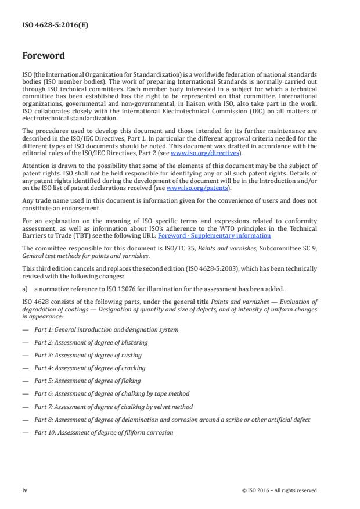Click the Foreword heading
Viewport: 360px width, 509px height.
[x=44, y=56]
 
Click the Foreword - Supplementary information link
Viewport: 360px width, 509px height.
[x=214, y=236]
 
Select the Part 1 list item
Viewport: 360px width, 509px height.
[x=106, y=329]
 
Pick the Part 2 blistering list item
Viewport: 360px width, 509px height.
[x=91, y=342]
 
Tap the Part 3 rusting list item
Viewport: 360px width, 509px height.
[x=88, y=355]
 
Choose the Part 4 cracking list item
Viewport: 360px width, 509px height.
[x=90, y=368]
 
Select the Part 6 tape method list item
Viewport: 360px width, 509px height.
[x=111, y=394]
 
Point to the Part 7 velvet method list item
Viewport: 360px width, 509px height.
[x=113, y=407]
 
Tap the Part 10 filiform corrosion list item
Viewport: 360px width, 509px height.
[x=103, y=432]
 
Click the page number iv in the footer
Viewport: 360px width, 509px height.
[x=25, y=490]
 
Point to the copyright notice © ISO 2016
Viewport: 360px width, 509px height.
[x=279, y=490]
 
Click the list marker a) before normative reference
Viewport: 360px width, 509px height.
[x=26, y=289]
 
